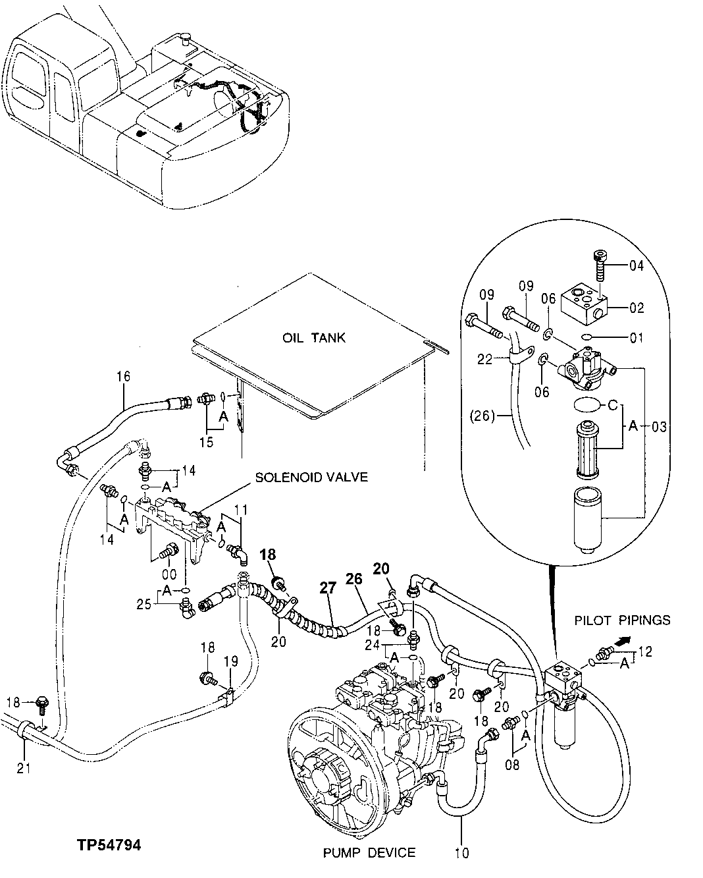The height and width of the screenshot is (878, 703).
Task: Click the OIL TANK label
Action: [x=314, y=338]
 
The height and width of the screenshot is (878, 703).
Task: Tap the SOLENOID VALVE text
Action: [x=311, y=477]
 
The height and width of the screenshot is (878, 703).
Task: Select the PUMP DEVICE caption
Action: [x=369, y=852]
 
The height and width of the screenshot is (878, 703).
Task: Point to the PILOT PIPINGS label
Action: [x=623, y=620]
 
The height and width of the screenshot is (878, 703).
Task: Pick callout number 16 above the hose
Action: [x=124, y=377]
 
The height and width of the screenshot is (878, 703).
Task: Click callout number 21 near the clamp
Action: [x=24, y=767]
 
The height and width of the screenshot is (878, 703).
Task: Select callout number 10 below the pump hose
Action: [x=461, y=854]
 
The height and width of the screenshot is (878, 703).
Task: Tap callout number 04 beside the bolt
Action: [x=637, y=266]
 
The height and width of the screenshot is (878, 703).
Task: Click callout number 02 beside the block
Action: [x=637, y=308]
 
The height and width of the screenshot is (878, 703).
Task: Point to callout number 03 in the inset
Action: [x=660, y=427]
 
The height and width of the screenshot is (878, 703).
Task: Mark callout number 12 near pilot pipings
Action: [x=644, y=652]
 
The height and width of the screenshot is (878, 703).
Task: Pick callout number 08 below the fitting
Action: [x=512, y=765]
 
